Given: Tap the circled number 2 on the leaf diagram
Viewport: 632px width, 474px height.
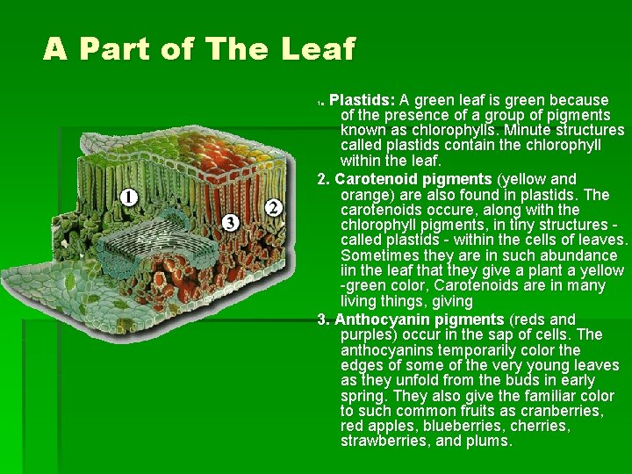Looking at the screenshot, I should [x=273, y=207].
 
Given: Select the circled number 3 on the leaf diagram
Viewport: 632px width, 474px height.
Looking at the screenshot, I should [x=231, y=220].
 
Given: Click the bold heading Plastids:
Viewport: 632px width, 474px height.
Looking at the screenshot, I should [x=362, y=100].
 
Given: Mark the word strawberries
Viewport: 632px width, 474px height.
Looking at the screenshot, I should [x=384, y=441].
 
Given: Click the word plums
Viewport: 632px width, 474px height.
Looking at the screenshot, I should [x=490, y=441].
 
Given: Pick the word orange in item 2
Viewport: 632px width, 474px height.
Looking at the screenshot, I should [x=364, y=194].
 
